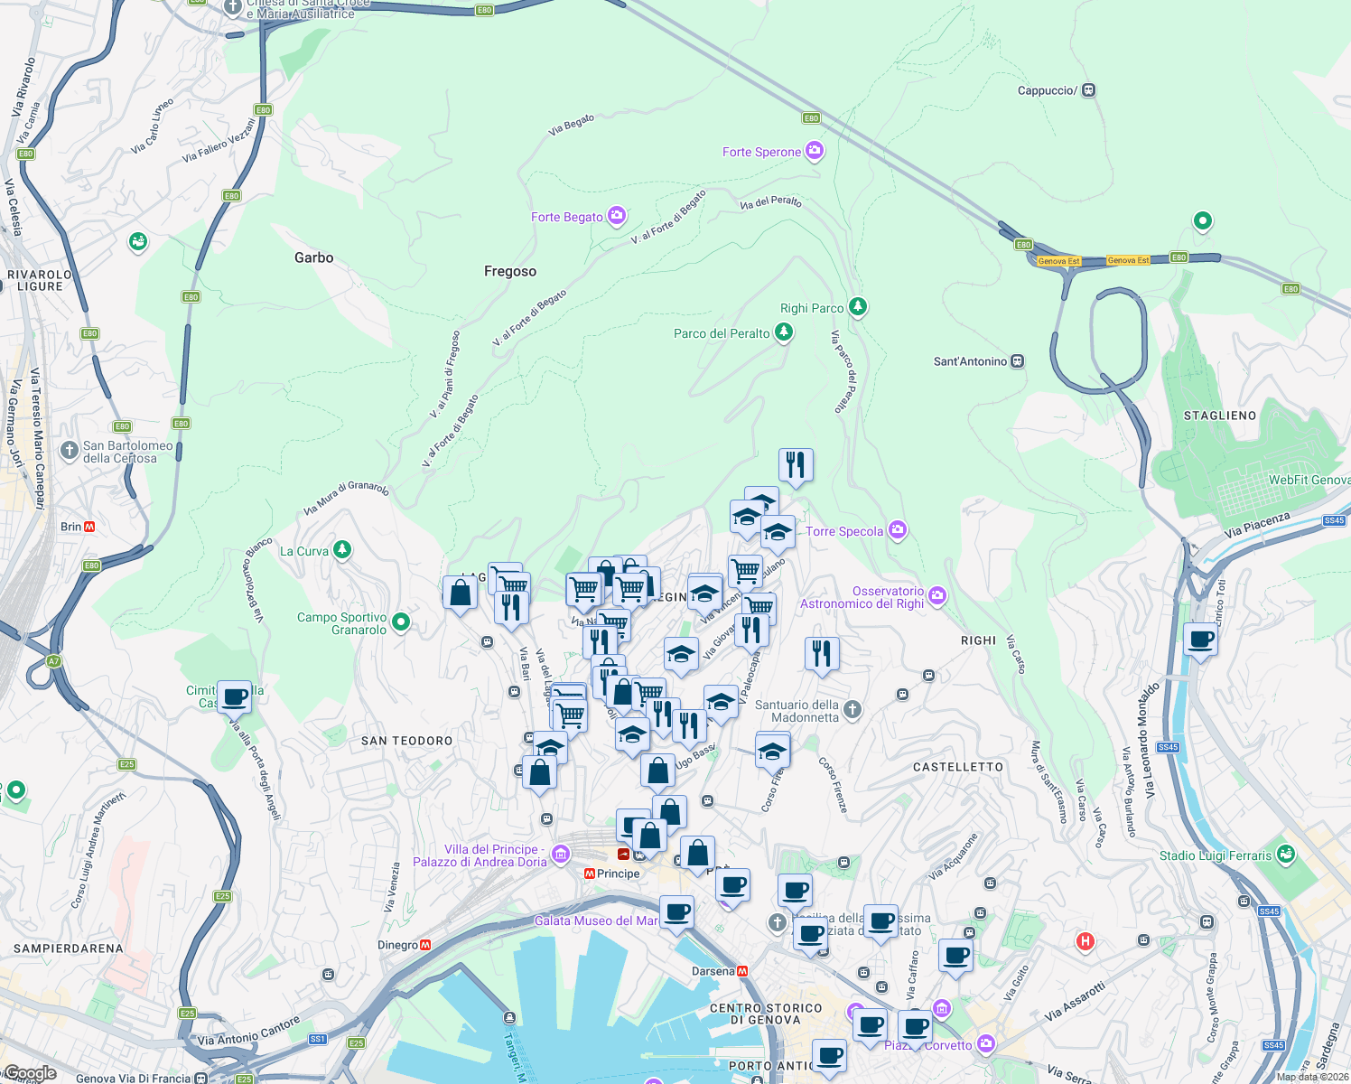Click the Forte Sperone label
click(x=761, y=152)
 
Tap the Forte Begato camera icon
click(x=617, y=215)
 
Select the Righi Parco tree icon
click(x=858, y=307)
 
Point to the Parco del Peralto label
click(x=722, y=333)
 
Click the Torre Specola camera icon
click(x=898, y=530)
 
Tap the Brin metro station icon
click(x=89, y=527)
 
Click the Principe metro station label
click(x=618, y=874)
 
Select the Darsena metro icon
click(x=742, y=971)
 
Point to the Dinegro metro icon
click(x=425, y=945)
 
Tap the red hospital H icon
click(x=1085, y=941)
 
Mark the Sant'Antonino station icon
click(x=1018, y=361)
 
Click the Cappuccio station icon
click(x=1089, y=90)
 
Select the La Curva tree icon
click(x=341, y=549)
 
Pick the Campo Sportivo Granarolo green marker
click(x=402, y=621)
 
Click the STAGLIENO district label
click(x=1220, y=416)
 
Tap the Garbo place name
click(x=313, y=257)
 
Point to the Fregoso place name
click(x=510, y=271)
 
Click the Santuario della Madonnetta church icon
click(x=853, y=710)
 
